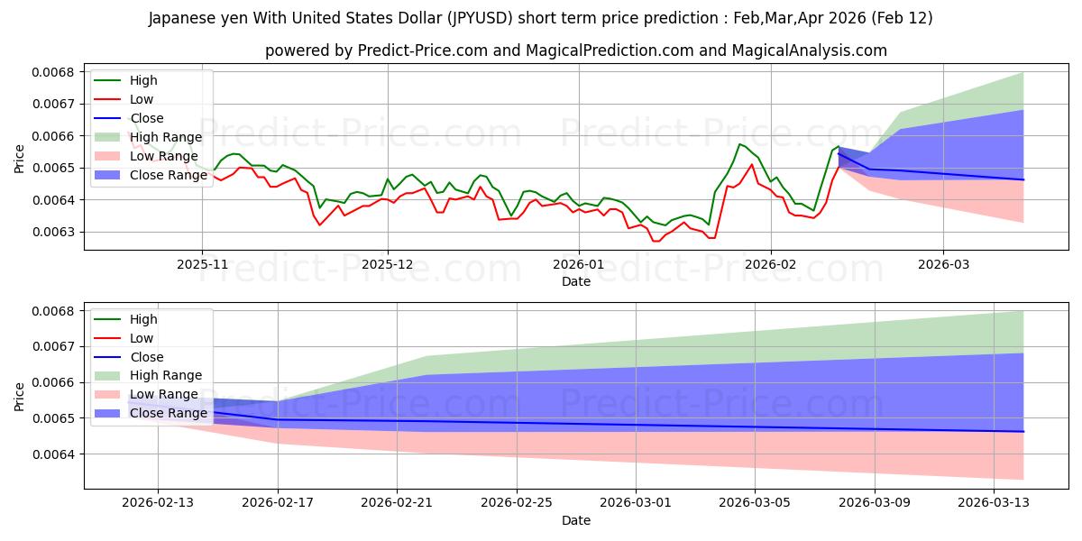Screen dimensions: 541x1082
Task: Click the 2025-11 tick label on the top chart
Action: (x=202, y=265)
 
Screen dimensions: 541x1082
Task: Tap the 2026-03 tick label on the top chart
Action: (x=943, y=265)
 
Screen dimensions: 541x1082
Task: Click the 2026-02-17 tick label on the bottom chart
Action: (x=277, y=503)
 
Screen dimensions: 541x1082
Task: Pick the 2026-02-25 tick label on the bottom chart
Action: (x=517, y=503)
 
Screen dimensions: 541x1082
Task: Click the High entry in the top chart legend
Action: (x=143, y=80)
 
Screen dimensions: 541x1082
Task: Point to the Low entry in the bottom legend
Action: (x=142, y=337)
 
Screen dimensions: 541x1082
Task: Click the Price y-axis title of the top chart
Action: (x=20, y=160)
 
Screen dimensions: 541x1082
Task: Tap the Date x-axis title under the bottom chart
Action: (x=576, y=520)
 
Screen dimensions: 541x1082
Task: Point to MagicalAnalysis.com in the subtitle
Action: (x=819, y=50)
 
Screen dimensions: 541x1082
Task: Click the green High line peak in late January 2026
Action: (x=739, y=144)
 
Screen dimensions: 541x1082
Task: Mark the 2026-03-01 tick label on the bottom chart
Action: (x=637, y=503)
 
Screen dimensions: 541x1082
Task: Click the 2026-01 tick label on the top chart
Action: (x=578, y=265)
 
